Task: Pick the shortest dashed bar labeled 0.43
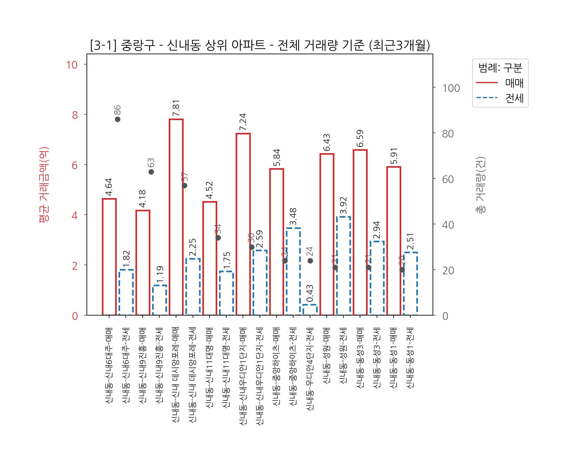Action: pyautogui.click(x=310, y=310)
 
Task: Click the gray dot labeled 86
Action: pyautogui.click(x=117, y=119)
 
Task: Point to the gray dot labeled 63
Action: pyautogui.click(x=151, y=172)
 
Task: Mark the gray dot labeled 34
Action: pyautogui.click(x=218, y=238)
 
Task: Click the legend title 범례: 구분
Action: pyautogui.click(x=500, y=68)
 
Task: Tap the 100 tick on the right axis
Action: pyautogui.click(x=451, y=88)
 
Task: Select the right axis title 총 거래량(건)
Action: pyautogui.click(x=480, y=185)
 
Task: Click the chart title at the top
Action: pyautogui.click(x=260, y=46)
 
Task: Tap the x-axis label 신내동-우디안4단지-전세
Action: pyautogui.click(x=310, y=369)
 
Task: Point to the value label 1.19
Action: pyautogui.click(x=159, y=274)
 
